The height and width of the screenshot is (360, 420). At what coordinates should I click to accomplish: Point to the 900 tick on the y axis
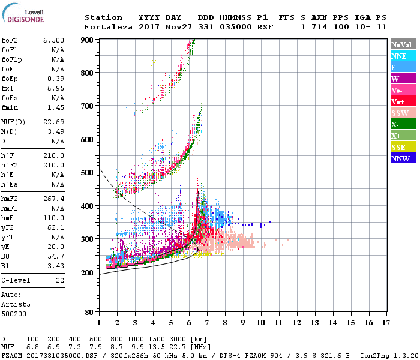coord(88,40)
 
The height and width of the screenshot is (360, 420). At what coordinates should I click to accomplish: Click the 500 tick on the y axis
coord(88,173)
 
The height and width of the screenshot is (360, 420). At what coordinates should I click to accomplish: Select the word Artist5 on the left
coord(16,304)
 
